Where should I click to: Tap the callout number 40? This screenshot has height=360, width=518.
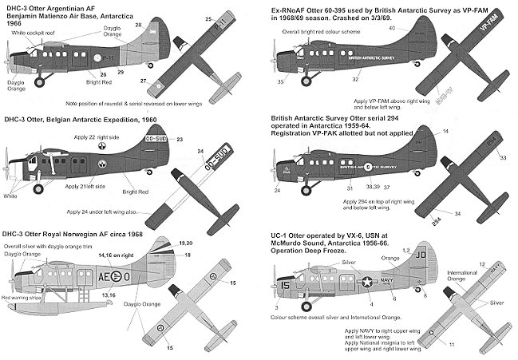(392, 28)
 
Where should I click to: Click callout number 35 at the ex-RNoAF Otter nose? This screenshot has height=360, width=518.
(281, 81)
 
